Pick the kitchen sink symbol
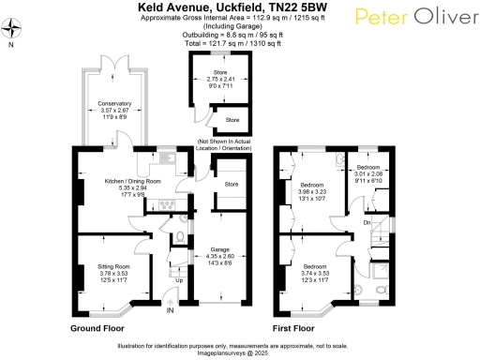[x=160, y=157]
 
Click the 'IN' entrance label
[x=171, y=310]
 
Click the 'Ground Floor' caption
[x=98, y=328]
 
